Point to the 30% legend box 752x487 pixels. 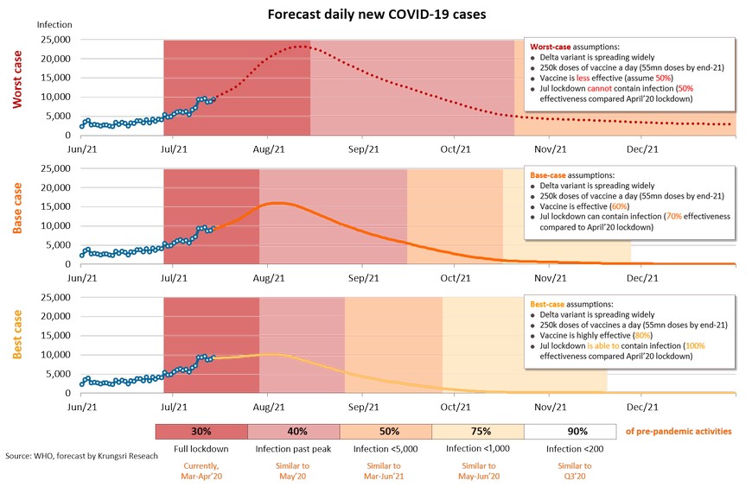point(201,431)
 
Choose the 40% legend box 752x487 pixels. point(294,431)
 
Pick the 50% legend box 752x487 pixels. point(386,431)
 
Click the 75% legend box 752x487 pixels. point(481,431)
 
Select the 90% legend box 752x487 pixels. point(577,431)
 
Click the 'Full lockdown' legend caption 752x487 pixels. point(201,449)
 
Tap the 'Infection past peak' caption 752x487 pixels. point(294,449)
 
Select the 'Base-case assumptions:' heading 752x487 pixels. point(571,174)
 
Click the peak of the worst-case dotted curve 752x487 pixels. point(299,47)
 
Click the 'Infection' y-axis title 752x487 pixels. point(54,26)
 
